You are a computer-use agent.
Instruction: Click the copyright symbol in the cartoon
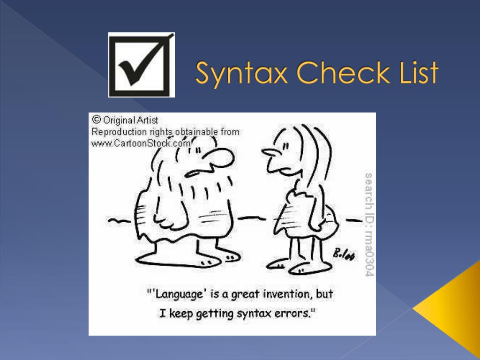(97, 120)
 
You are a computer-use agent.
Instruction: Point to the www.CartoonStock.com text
(141, 143)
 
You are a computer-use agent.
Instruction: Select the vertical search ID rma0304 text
(369, 224)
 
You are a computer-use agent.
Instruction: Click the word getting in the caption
(214, 313)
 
